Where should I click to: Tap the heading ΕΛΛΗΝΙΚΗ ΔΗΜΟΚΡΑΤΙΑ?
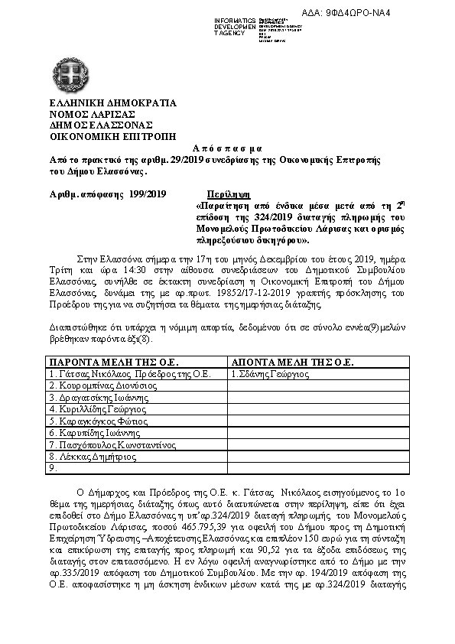coord(101,102)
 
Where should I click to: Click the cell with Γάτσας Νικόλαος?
coord(128,374)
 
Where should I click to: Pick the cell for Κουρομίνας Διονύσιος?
coord(97,385)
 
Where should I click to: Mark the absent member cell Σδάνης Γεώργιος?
coord(270,374)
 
